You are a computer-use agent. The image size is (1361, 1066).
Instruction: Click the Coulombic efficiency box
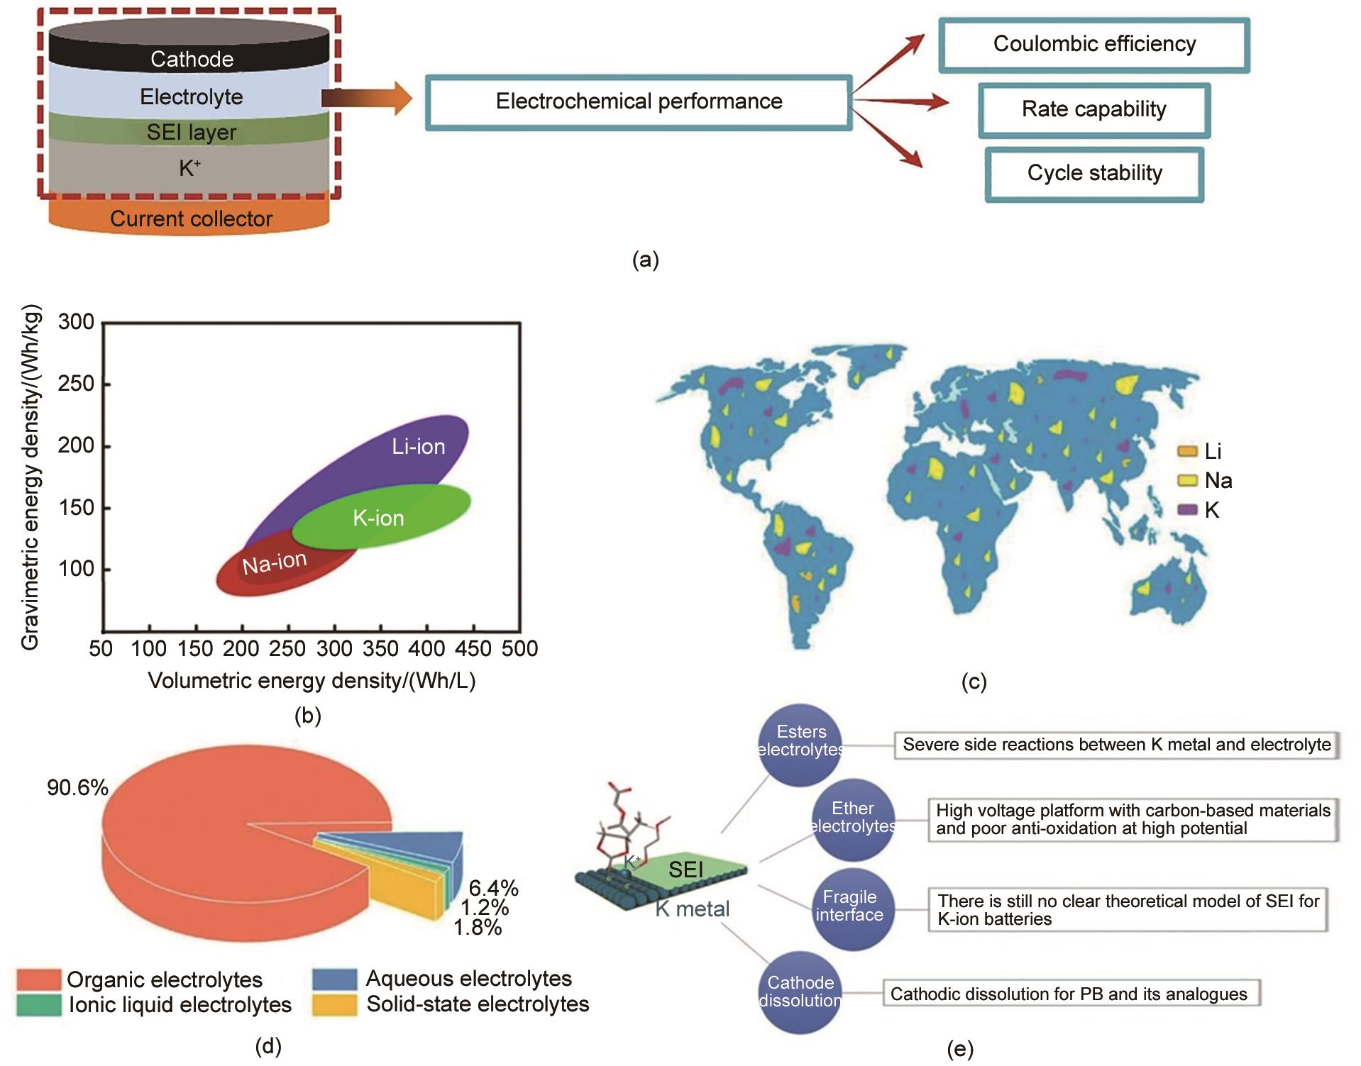pos(1093,45)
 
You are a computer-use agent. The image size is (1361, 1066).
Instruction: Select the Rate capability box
pos(1093,110)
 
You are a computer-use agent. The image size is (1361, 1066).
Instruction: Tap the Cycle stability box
pos(1093,174)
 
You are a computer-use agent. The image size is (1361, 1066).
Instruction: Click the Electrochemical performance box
pos(638,102)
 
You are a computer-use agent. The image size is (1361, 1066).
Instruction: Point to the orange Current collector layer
pos(190,218)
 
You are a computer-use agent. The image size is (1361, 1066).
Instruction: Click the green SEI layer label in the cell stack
pos(191,132)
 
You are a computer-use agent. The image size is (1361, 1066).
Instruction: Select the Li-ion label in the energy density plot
pos(419,446)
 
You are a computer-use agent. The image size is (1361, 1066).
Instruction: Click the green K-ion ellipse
pos(380,518)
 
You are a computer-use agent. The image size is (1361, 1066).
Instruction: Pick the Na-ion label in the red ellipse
pos(274,563)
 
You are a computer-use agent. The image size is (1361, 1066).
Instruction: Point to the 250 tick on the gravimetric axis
pos(76,384)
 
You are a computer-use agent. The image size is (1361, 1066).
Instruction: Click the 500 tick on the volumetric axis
pos(520,648)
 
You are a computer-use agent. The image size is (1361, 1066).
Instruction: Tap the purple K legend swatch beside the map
pos(1187,510)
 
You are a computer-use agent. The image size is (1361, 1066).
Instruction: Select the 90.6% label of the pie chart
pos(77,787)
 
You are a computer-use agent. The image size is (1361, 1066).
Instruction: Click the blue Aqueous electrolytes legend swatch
pos(334,979)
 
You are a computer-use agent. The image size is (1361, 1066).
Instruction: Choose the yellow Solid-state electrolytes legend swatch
pos(334,1005)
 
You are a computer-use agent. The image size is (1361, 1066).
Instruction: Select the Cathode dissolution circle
pos(800,992)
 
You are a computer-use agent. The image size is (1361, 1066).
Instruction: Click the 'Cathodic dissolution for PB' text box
pos(1069,994)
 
